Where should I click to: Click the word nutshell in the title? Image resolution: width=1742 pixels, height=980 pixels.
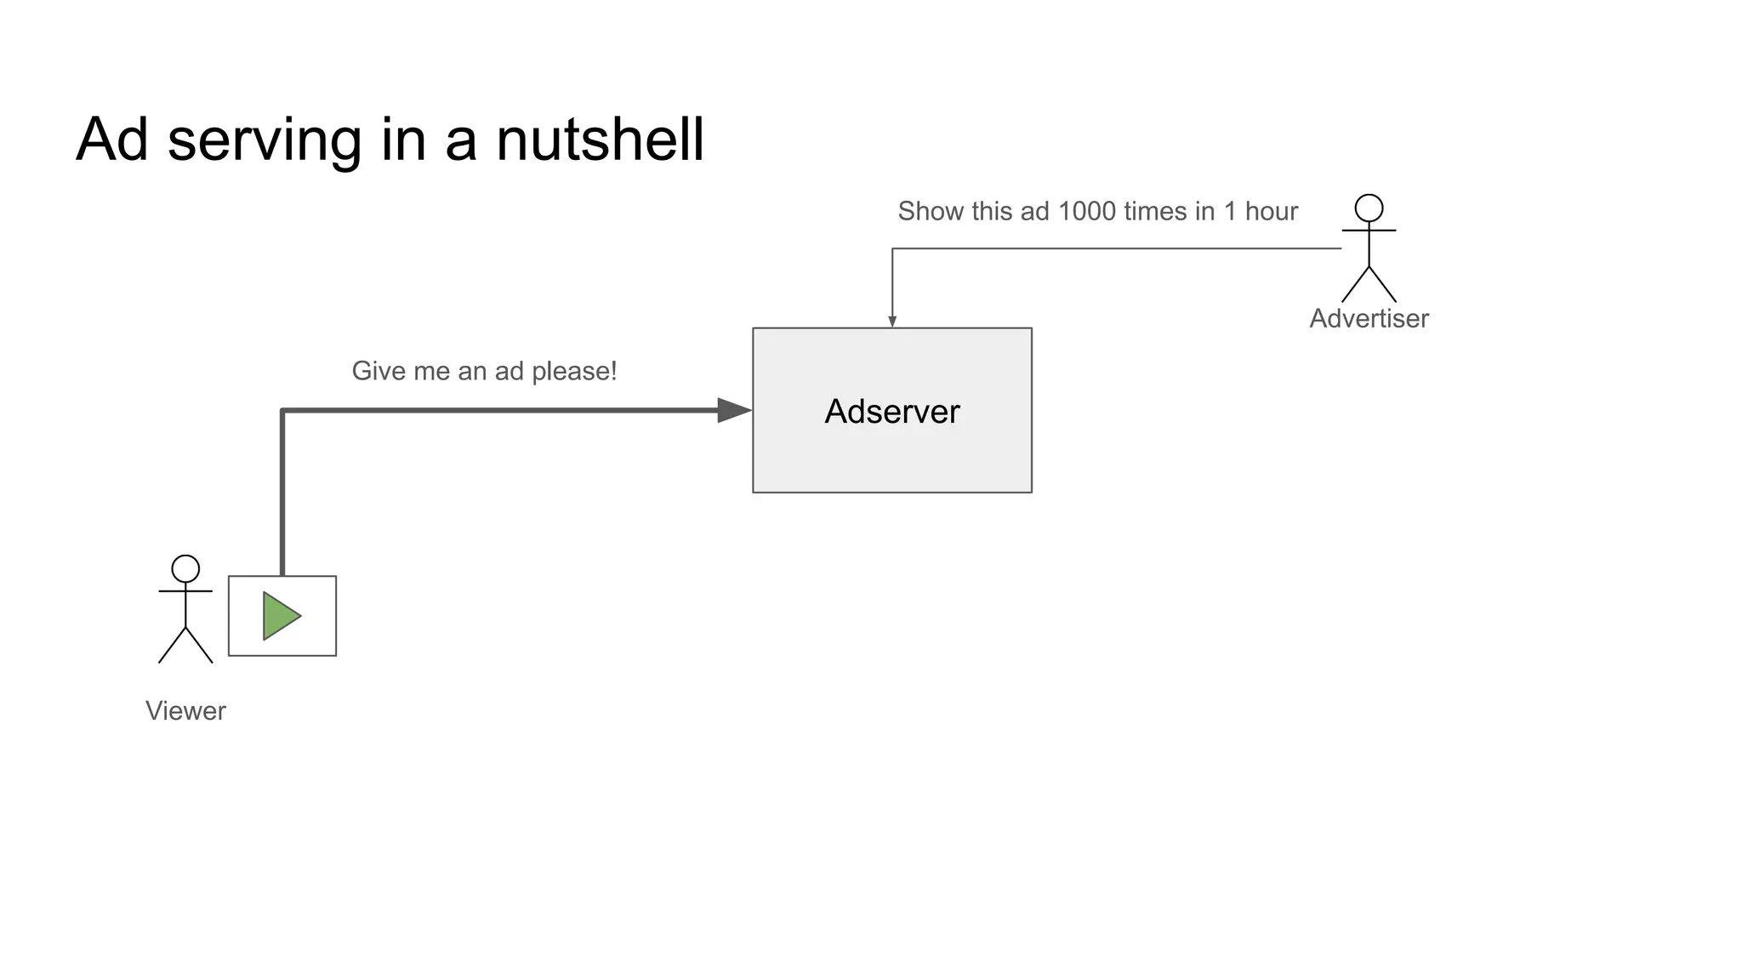600,140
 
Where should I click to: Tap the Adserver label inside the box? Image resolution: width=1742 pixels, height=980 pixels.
891,412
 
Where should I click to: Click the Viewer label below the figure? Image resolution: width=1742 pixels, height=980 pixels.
185,710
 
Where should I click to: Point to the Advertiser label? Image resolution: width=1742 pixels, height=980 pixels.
1369,318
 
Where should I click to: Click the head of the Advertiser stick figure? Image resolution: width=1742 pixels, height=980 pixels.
1369,208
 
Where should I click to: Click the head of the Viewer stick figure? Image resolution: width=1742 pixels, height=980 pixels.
185,568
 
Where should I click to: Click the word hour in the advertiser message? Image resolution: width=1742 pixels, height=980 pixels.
1271,211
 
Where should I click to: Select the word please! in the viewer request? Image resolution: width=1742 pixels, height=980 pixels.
574,372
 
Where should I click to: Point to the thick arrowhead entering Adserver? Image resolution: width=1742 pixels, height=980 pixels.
733,410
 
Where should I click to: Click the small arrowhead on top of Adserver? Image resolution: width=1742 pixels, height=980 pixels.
892,322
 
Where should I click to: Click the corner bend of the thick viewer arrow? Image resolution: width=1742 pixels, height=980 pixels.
282,411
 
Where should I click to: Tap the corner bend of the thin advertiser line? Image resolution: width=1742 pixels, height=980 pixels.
892,249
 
